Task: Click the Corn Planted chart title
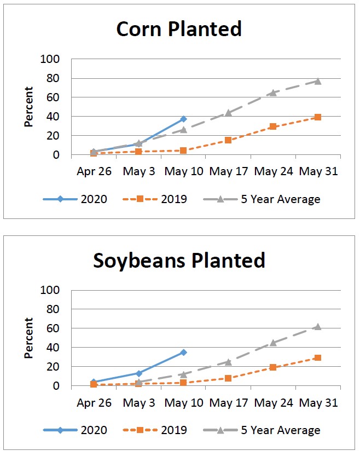pos(179,29)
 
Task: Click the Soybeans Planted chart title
pos(179,260)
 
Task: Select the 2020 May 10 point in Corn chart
pos(184,119)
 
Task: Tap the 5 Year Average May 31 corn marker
pos(318,81)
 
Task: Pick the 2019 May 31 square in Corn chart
pos(318,117)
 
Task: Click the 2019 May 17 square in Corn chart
pos(228,140)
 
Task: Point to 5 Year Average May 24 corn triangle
pos(273,93)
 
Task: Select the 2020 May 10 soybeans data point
pos(184,352)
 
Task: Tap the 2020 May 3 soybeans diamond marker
pos(139,373)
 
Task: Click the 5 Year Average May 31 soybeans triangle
pos(318,327)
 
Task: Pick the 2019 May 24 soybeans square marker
pos(273,367)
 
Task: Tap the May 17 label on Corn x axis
pos(228,171)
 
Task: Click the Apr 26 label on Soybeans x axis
pos(94,403)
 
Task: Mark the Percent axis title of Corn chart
pos(29,107)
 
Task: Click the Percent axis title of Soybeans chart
pos(29,338)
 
